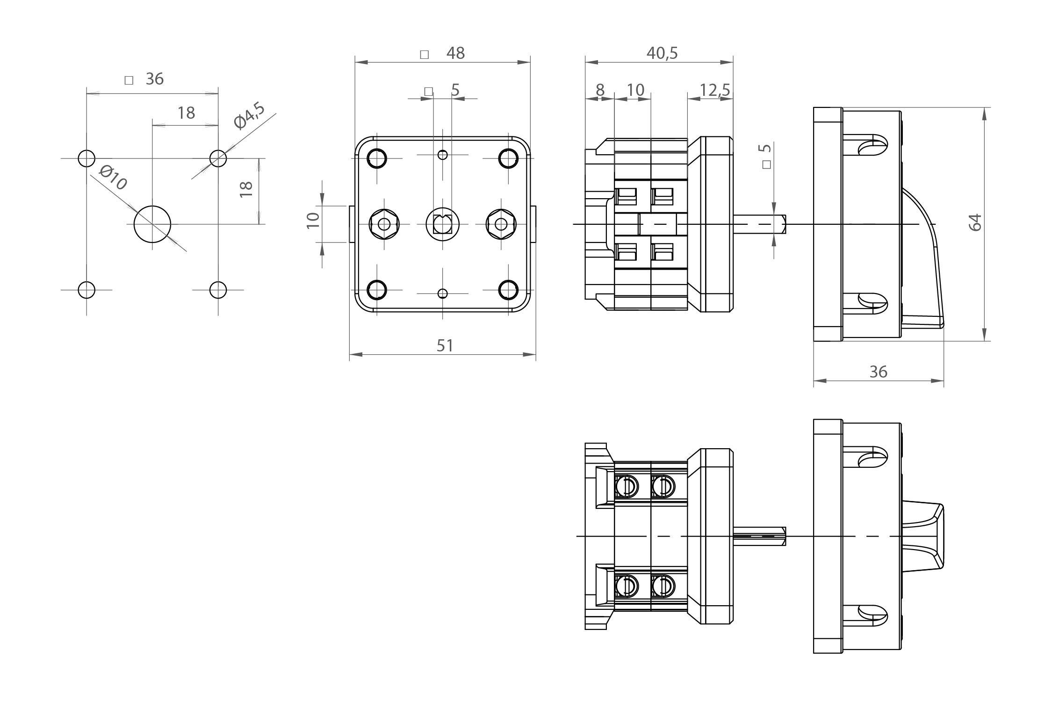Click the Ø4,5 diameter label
249,115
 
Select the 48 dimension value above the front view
455,53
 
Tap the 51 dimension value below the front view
445,346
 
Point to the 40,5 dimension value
662,53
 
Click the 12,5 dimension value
715,90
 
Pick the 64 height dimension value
975,222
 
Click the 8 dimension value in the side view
600,90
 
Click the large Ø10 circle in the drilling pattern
152,224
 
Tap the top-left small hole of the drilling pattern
86,158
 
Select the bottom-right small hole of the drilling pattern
218,290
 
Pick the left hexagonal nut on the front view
384,224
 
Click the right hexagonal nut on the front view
501,224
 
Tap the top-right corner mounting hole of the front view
508,158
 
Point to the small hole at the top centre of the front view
443,155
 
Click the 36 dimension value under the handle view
878,372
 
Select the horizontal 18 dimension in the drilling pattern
186,113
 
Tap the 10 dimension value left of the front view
313,220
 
